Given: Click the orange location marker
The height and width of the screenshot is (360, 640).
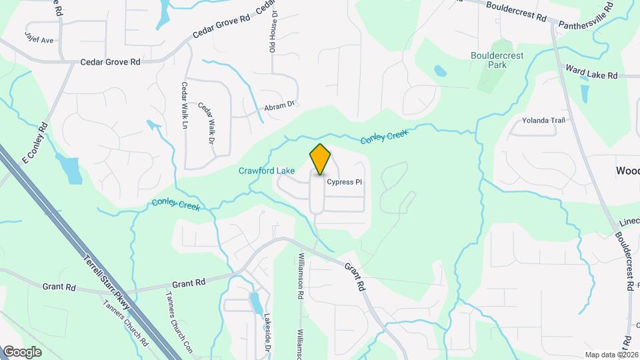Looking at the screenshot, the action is click(x=320, y=159).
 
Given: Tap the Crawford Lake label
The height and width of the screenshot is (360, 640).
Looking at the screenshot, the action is click(x=267, y=171).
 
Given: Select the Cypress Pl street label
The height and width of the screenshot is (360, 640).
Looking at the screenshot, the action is click(x=344, y=181).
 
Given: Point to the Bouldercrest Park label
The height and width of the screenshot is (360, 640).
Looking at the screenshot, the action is click(x=497, y=61).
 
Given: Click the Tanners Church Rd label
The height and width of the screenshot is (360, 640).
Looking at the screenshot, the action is click(x=125, y=322).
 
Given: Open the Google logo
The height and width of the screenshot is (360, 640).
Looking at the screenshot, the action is click(x=22, y=352).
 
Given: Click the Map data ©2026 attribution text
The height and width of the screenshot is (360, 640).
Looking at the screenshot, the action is click(x=610, y=355).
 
